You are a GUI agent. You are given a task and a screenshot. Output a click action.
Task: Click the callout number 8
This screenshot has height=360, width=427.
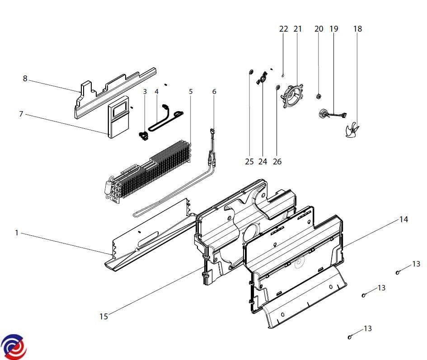coord(25,79)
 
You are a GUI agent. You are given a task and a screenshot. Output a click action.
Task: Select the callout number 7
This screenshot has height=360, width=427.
coord(21,114)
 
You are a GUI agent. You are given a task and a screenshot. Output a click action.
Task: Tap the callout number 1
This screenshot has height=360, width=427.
coord(16,233)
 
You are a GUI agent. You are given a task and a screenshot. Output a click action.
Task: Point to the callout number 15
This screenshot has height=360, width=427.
coord(104,316)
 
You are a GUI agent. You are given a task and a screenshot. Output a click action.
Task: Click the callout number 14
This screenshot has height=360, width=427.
coord(404,220)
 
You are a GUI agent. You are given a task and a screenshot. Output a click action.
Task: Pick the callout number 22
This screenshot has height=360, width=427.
coord(283,29)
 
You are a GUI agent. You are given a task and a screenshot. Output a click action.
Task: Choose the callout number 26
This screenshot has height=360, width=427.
coord(277,161)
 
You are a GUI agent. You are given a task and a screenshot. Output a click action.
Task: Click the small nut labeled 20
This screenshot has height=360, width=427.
coord(319,96)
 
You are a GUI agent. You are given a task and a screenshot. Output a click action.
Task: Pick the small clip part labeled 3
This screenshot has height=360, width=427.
coord(143,134)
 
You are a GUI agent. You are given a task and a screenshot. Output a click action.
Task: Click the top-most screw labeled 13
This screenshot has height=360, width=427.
coord(398,272)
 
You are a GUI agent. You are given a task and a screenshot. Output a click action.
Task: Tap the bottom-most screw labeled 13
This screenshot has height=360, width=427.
coord(350,337)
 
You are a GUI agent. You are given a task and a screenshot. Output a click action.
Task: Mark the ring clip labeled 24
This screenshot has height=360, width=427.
coord(262,80)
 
